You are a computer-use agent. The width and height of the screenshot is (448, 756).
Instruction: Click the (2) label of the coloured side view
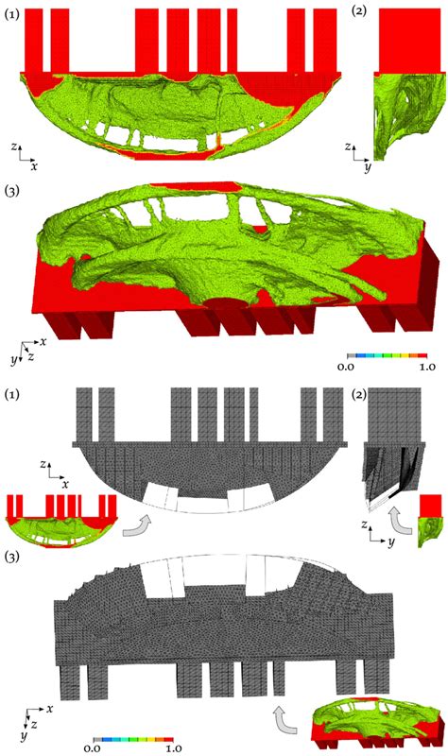coord(359,11)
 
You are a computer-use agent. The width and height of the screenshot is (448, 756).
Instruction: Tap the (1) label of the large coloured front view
coord(11,15)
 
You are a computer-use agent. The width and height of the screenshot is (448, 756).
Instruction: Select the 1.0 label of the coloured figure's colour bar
coord(427,367)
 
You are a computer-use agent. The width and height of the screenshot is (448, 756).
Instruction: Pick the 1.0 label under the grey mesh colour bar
coord(173,747)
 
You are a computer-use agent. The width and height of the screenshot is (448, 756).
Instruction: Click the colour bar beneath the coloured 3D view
coord(387,356)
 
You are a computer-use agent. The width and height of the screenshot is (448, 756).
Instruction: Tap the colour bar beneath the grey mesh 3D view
coord(133,739)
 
